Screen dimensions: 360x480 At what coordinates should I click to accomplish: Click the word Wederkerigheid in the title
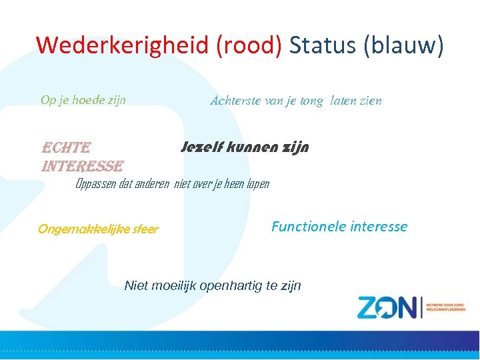click(125, 45)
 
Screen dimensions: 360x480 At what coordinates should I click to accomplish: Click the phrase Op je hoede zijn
click(83, 100)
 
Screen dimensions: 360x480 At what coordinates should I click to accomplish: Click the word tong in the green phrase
click(311, 101)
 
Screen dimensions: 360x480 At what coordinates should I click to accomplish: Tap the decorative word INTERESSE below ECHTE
click(82, 165)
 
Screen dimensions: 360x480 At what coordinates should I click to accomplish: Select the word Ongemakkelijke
click(79, 229)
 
